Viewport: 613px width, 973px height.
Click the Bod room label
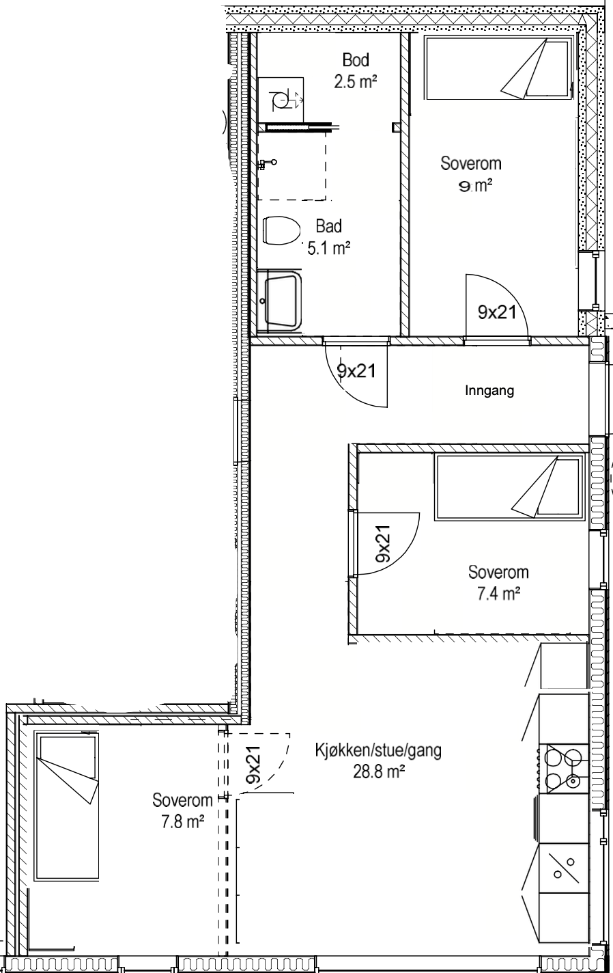[355, 61]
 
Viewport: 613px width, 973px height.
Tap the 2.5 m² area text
[355, 83]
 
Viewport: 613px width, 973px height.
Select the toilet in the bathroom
[282, 232]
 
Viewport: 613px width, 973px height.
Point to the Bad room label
[328, 226]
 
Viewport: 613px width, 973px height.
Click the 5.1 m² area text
[328, 248]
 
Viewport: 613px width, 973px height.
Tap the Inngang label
[489, 391]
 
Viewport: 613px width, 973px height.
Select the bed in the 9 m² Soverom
[497, 68]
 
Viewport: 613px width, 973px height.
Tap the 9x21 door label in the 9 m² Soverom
[497, 312]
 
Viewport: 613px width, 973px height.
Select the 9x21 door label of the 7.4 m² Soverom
[384, 544]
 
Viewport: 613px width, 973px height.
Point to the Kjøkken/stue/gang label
[378, 750]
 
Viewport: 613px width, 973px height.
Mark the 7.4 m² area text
[498, 594]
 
